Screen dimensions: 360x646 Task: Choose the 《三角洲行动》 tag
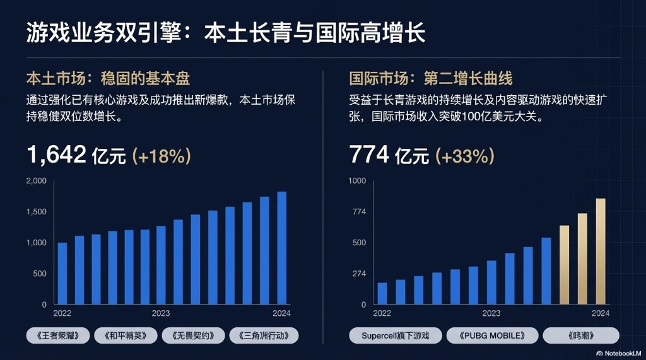point(264,335)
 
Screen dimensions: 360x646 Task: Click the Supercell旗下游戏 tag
point(395,335)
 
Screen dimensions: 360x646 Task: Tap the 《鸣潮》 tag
point(581,335)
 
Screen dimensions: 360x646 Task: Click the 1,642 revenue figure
point(56,154)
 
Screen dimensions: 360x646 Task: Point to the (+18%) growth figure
point(161,155)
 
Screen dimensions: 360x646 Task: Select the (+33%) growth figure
point(465,155)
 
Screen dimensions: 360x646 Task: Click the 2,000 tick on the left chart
point(36,181)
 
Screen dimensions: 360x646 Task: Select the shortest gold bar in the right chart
point(564,265)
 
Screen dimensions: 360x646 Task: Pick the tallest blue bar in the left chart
point(281,248)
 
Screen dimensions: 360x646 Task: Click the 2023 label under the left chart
point(161,313)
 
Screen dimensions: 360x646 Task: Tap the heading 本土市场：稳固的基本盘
point(108,79)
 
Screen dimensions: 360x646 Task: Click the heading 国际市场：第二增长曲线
point(431,79)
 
